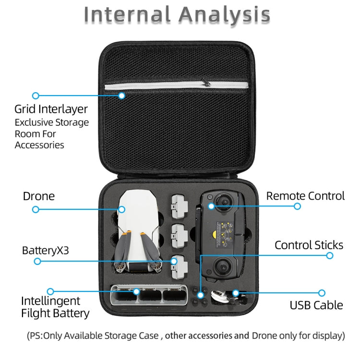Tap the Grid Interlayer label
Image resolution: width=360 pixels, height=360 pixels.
51,109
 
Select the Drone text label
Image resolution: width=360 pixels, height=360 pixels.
39,196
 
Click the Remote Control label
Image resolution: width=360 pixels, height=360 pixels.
305,196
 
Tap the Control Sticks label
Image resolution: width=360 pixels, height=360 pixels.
309,245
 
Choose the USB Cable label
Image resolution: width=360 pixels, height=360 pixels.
316,305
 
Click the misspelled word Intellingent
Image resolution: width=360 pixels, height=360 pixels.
50,301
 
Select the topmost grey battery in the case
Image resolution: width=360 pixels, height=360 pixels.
180,203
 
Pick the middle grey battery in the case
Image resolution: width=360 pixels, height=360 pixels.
180,232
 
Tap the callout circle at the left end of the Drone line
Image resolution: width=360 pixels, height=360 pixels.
36,210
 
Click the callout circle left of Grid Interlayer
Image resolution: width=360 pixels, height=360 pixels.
36,96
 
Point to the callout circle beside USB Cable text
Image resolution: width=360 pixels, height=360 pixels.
322,292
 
